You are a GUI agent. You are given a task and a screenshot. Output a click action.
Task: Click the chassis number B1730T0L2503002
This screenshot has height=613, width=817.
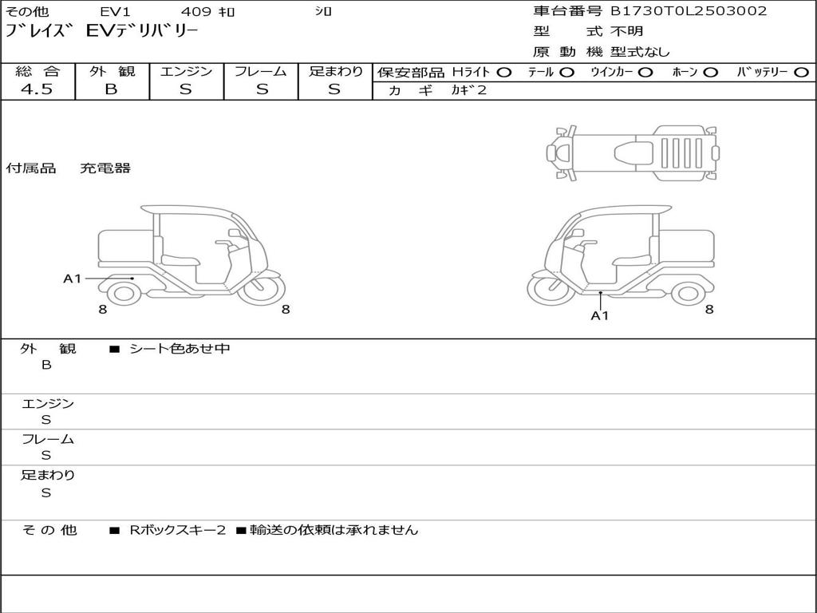tap(689, 11)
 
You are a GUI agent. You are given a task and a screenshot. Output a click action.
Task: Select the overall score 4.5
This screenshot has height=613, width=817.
tap(37, 89)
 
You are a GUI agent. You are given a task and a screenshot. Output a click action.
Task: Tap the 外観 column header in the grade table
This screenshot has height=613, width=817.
tap(112, 72)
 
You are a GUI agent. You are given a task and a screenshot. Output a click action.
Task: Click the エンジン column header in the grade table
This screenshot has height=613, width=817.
tap(186, 72)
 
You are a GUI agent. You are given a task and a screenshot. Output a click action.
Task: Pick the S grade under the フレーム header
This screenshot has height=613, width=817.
tap(262, 89)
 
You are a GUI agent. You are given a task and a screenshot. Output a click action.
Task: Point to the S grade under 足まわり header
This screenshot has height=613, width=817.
tap(334, 89)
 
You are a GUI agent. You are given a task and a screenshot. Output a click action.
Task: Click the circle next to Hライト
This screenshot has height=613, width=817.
tap(504, 73)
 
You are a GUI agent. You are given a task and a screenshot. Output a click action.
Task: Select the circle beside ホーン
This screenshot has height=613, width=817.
tap(710, 73)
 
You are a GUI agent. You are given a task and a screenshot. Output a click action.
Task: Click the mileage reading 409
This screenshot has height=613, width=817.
tap(195, 12)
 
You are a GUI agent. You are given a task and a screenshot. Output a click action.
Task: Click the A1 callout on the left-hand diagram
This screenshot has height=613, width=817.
tap(73, 279)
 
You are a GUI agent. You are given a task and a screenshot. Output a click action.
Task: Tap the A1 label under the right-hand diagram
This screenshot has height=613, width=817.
tap(600, 315)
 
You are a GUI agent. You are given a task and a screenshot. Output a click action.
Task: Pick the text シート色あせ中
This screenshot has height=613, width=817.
tap(180, 349)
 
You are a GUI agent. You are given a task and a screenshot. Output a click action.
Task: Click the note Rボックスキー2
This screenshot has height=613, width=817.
tap(178, 530)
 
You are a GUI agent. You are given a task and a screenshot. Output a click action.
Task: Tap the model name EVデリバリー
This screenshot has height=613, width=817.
tap(143, 33)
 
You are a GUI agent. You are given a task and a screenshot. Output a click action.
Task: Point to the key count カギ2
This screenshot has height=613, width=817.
tap(468, 90)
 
